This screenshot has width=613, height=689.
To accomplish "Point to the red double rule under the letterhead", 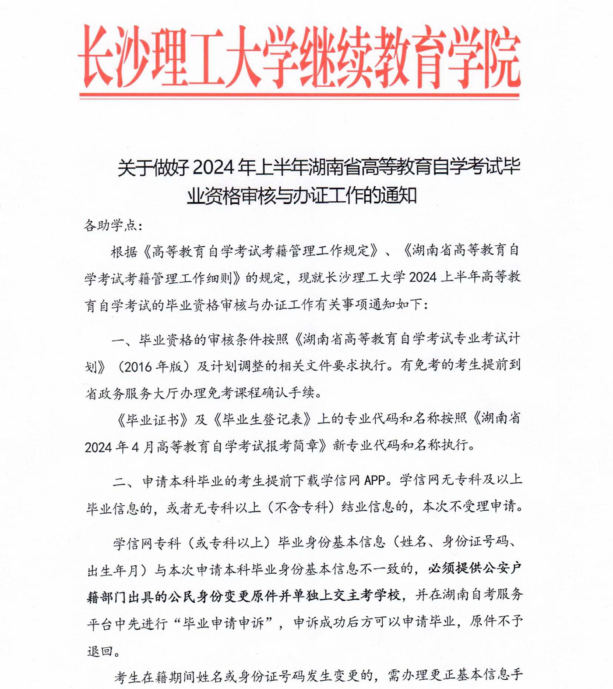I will click(299, 96).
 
